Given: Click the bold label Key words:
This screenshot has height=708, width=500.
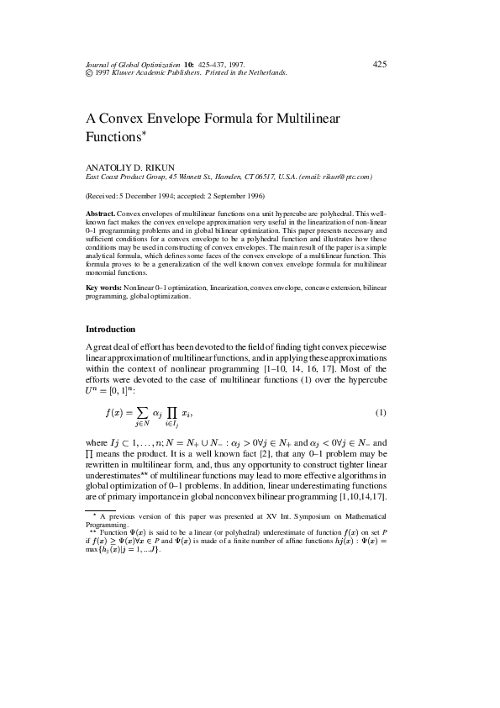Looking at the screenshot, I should coord(103,288).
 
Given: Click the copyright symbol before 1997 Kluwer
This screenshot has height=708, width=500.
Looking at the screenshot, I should coord(90,73).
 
